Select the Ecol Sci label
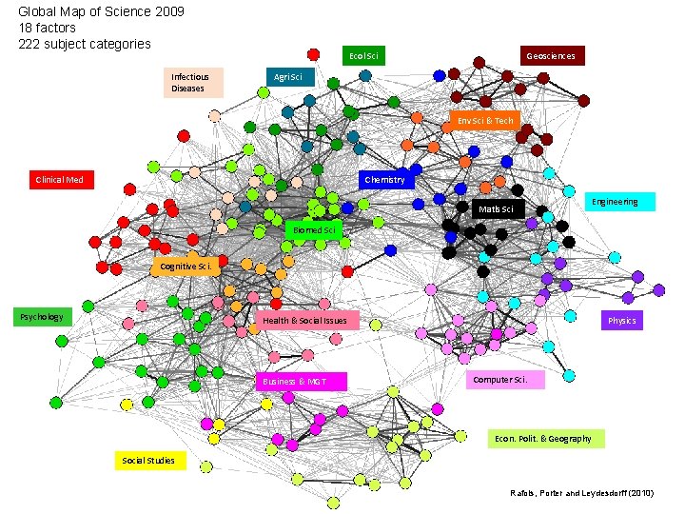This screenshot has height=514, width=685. (x=363, y=56)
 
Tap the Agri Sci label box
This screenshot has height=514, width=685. (x=287, y=77)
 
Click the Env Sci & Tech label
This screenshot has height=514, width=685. (x=485, y=121)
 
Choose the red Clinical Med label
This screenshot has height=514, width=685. (x=59, y=179)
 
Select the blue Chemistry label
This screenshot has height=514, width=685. (x=385, y=179)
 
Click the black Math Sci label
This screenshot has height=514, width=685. (x=498, y=208)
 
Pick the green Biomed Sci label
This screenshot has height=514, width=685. (x=313, y=229)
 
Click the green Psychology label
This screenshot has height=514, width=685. (x=42, y=317)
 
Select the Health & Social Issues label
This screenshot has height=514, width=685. (x=306, y=321)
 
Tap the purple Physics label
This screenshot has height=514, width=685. (x=621, y=321)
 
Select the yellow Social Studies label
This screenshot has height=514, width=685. (x=148, y=461)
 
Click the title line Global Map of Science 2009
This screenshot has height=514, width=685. (x=102, y=12)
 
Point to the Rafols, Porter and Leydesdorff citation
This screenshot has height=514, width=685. (x=583, y=492)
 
